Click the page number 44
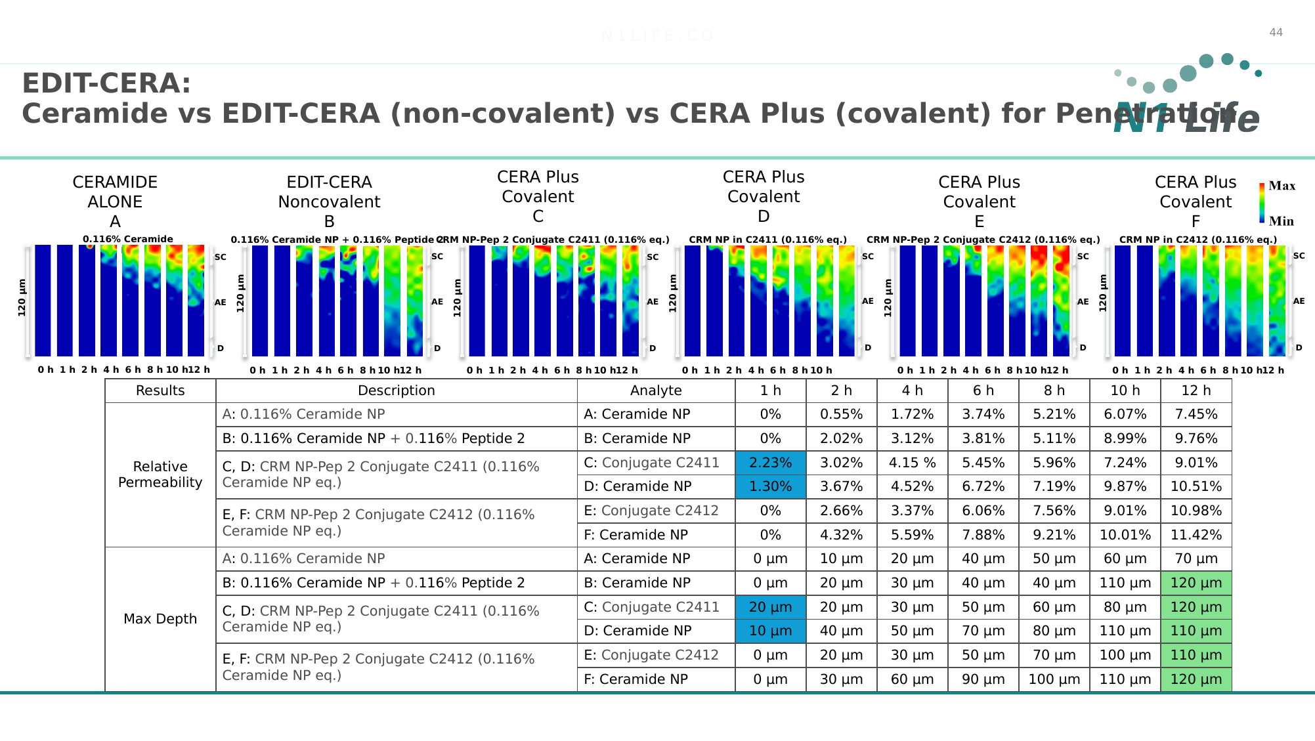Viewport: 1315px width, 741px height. (x=1276, y=33)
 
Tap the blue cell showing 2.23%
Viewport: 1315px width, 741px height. (x=770, y=463)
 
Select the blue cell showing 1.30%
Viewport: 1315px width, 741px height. (x=770, y=486)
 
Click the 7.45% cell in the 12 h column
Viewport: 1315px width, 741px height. (x=1196, y=414)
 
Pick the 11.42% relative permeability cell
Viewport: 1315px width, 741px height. (x=1196, y=535)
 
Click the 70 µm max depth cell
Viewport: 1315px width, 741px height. (x=1196, y=559)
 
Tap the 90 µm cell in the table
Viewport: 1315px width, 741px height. (x=983, y=679)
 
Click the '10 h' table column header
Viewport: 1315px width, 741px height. (x=1125, y=391)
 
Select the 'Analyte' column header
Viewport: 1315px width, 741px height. (x=656, y=391)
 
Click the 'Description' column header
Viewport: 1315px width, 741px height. (x=396, y=391)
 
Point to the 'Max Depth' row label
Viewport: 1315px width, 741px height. (x=160, y=619)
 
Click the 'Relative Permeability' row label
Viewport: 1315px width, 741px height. (x=160, y=475)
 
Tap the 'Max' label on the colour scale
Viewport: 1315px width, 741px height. (x=1282, y=186)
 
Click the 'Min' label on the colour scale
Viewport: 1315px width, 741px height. (x=1281, y=221)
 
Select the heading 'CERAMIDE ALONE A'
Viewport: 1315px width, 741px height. (x=115, y=201)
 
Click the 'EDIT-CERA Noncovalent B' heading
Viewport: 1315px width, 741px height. (x=329, y=201)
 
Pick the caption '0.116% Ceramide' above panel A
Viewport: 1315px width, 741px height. (x=128, y=240)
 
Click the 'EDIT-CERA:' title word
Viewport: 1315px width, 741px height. (x=106, y=84)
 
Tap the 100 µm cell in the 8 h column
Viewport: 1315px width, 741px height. (x=1054, y=679)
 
